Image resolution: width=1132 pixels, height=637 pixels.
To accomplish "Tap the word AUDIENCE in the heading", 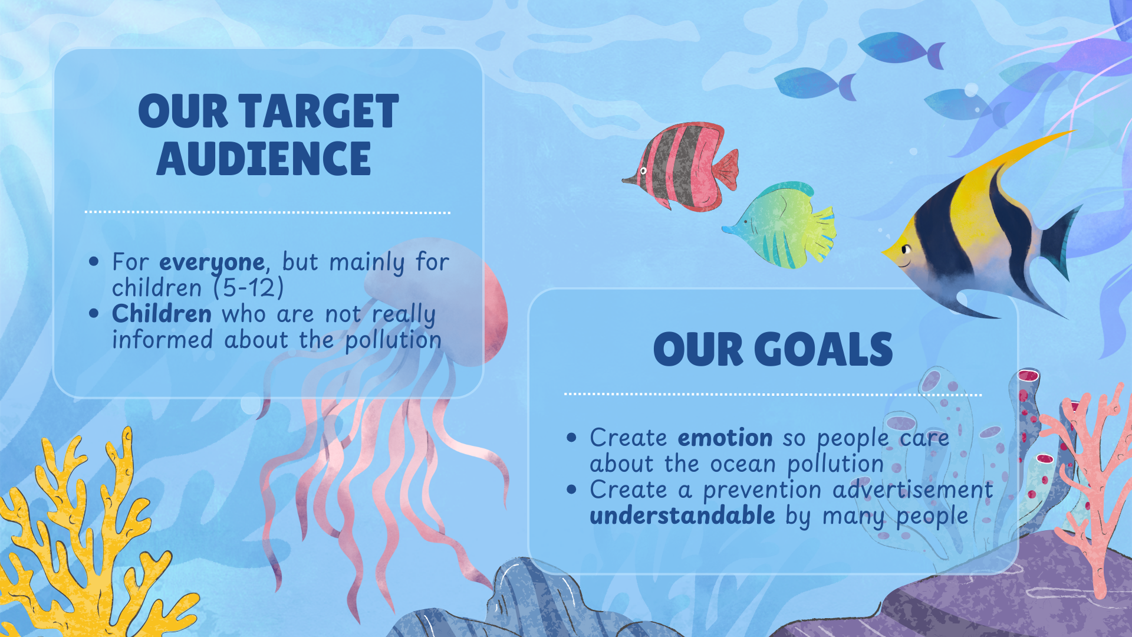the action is click(x=264, y=159).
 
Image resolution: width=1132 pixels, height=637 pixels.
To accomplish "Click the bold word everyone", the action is click(x=212, y=262).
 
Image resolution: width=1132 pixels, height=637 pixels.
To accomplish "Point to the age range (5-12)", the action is click(x=249, y=288).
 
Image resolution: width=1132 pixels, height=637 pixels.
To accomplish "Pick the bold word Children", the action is click(x=162, y=313).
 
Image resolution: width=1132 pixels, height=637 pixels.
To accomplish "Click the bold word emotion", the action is click(x=725, y=438).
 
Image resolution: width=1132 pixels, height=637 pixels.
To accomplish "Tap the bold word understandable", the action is click(x=682, y=515).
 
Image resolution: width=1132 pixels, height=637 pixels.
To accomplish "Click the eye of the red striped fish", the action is click(x=643, y=171).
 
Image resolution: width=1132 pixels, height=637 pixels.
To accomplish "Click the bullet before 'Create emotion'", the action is click(x=571, y=438).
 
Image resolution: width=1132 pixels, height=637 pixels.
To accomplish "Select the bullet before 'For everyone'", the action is click(x=94, y=261).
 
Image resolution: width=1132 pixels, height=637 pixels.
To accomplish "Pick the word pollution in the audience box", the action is click(x=393, y=340).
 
